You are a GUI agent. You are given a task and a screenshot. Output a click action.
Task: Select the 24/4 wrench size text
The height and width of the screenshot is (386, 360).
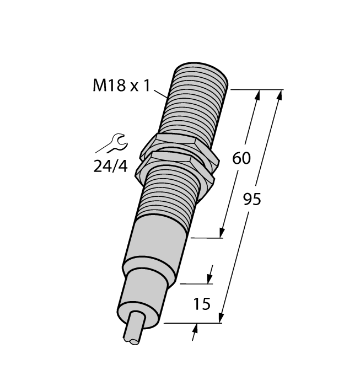coord(110,165)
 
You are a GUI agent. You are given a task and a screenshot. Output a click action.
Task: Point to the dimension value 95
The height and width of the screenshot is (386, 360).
coord(252,199)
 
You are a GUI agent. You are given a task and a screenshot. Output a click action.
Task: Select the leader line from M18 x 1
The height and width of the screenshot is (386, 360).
coord(162,93)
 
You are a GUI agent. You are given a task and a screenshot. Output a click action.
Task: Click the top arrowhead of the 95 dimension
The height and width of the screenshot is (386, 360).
coord(280,95)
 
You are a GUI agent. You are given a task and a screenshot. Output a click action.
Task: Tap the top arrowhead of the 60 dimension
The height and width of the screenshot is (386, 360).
coord(256,95)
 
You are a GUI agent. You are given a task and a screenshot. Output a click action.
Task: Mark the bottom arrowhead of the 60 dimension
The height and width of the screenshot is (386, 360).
coord(223,233)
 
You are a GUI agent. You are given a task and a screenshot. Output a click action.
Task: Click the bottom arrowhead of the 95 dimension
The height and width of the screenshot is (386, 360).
coord(222,317)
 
